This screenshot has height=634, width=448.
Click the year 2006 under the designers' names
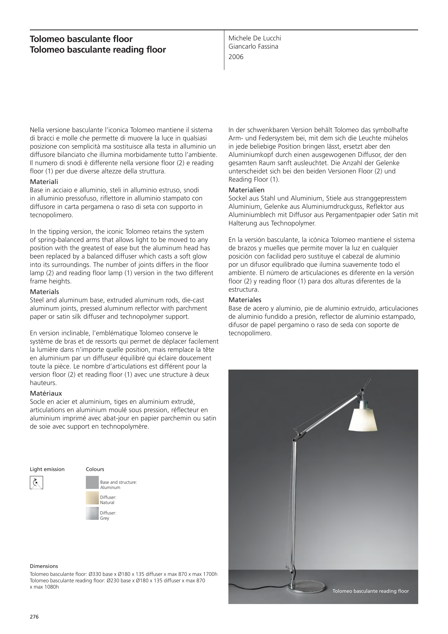point(236,57)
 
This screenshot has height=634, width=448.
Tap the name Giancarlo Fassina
point(253,46)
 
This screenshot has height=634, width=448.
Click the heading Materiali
point(44,182)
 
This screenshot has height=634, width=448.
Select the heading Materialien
point(246,190)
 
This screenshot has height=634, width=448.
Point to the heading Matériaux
point(46,393)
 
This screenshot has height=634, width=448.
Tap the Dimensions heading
point(44,566)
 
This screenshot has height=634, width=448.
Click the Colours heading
point(95,469)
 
